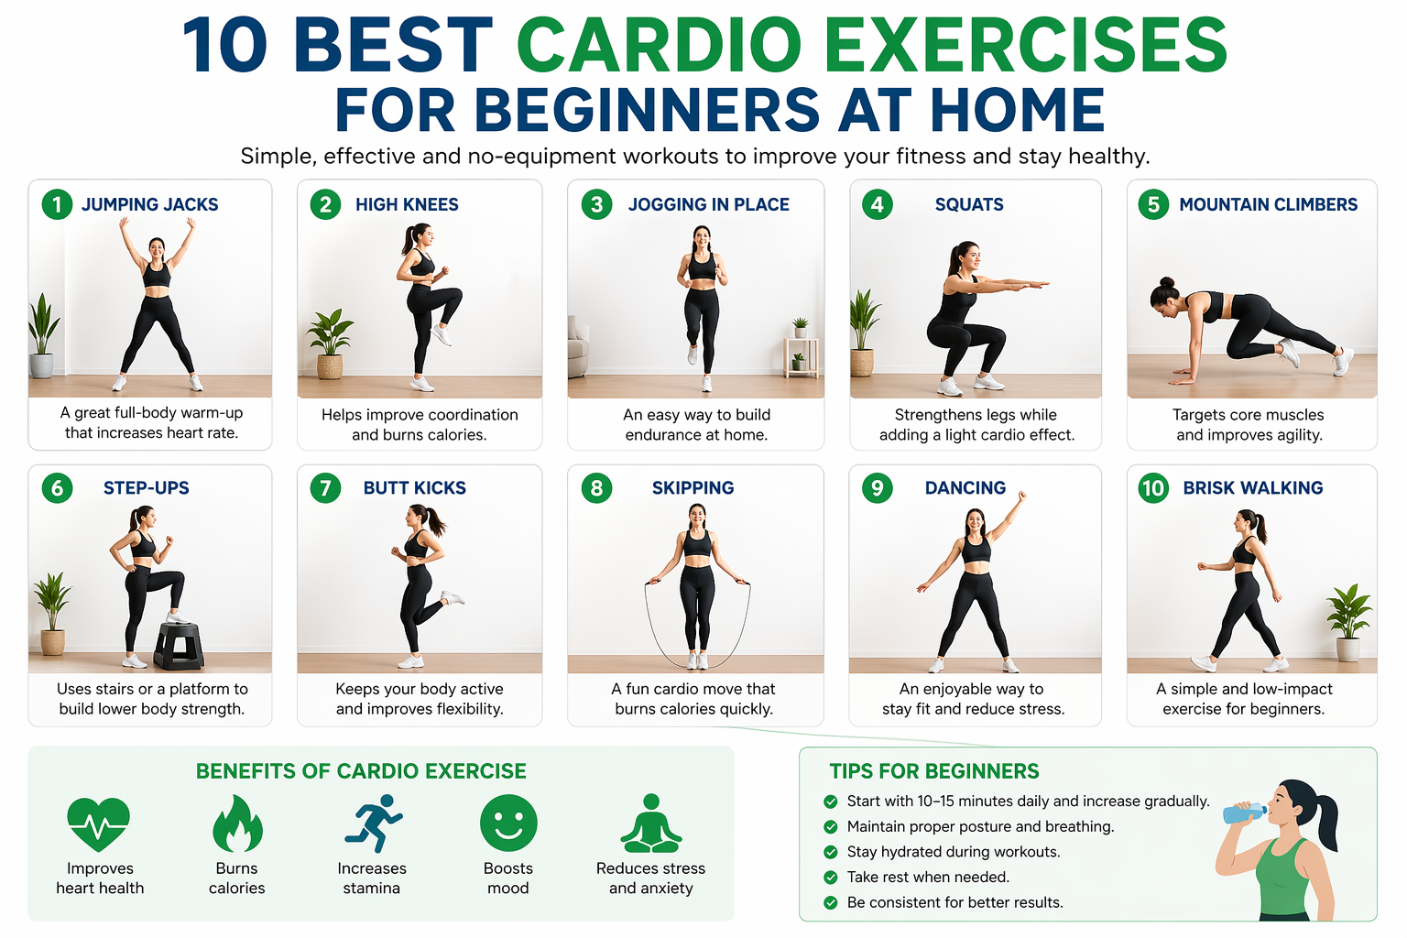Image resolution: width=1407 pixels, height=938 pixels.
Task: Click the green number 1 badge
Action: (x=57, y=204)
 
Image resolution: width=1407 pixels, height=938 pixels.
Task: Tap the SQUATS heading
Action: (x=969, y=204)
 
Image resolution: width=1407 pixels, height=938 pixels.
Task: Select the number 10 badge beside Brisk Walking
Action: (x=1153, y=488)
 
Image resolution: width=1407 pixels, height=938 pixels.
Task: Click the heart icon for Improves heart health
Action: (x=99, y=823)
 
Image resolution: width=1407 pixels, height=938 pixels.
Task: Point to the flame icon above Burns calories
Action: (x=237, y=823)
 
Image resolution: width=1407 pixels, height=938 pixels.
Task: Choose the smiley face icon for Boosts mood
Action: (x=508, y=822)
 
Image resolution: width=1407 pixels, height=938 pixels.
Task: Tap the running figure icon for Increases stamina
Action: (x=374, y=823)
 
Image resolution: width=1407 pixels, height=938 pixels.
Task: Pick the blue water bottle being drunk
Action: (x=1244, y=813)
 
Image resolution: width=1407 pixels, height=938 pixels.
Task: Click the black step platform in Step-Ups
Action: (x=179, y=645)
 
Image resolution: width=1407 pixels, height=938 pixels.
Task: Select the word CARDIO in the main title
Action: (x=660, y=46)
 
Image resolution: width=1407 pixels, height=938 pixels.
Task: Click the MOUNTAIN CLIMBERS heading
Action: (x=1268, y=204)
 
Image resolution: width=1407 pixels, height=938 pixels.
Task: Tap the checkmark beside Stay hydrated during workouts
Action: (x=831, y=852)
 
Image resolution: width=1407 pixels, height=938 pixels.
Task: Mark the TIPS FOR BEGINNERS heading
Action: (x=933, y=771)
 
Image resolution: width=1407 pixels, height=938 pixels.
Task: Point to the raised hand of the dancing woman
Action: (x=1021, y=496)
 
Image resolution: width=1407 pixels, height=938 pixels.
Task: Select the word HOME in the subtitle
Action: (x=1017, y=111)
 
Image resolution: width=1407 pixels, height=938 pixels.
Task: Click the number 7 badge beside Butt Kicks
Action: (x=325, y=488)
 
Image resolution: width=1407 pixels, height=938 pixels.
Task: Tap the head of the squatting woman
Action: (x=965, y=258)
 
